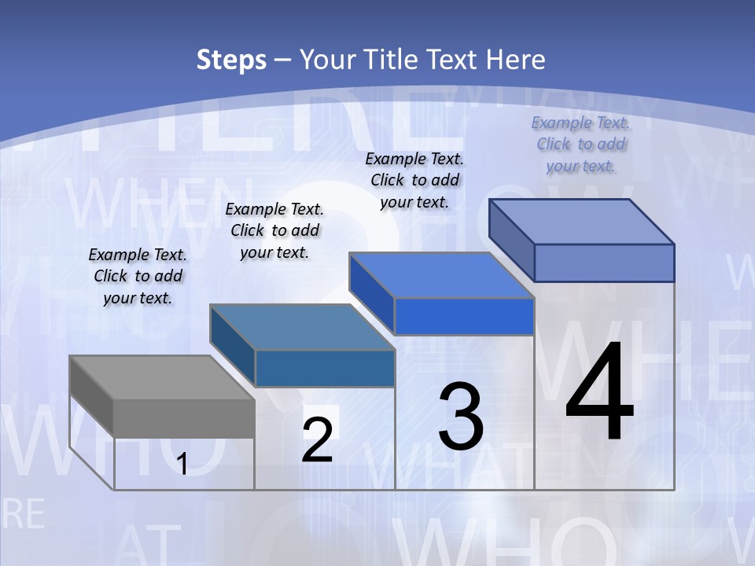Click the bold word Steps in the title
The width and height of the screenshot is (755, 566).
tap(231, 60)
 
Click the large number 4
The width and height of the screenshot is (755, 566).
tap(599, 393)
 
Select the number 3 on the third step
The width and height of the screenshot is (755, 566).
tap(461, 416)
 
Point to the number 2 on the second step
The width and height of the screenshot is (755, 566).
tap(317, 440)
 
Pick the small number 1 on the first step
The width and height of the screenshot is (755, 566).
tap(182, 465)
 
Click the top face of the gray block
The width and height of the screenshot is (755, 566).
tap(161, 377)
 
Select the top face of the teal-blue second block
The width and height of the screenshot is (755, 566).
tap(301, 326)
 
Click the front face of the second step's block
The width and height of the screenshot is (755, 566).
tap(325, 368)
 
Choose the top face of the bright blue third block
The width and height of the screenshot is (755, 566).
tap(441, 275)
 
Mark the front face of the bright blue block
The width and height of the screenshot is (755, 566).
tap(464, 317)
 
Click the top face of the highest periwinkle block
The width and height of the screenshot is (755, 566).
tap(581, 222)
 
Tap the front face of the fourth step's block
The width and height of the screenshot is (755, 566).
tap(604, 263)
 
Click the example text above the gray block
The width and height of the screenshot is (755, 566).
tap(138, 276)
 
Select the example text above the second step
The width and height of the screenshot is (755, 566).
tap(274, 230)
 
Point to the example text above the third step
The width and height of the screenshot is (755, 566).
tap(414, 180)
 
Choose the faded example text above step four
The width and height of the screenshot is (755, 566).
tap(580, 144)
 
